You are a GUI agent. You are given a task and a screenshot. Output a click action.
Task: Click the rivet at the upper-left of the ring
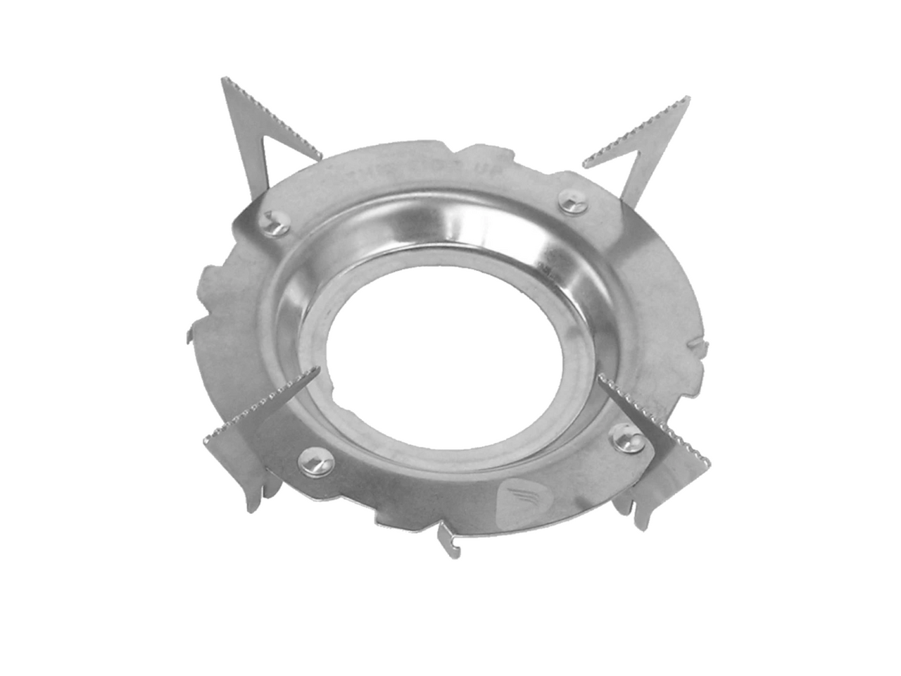(x=274, y=223)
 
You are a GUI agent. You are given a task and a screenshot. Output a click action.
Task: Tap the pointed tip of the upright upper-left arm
(x=225, y=80)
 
